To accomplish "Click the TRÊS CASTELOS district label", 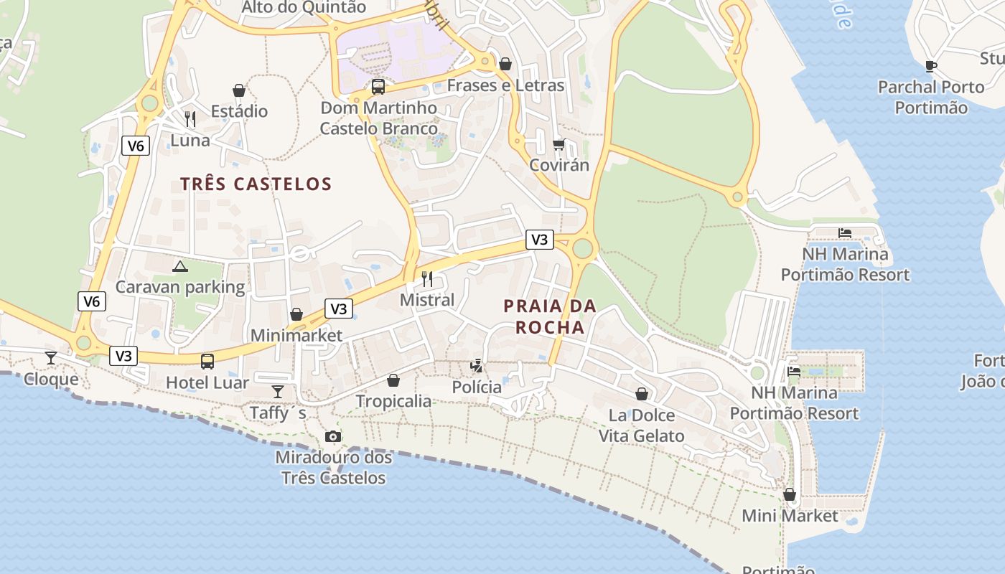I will point(256,184).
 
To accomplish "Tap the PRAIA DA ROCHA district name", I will point(550,316).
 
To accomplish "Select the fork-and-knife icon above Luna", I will point(190,118).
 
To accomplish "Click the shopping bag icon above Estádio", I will point(239,90).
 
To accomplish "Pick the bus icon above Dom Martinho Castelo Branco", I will point(378,87).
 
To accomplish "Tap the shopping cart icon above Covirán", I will point(559,144).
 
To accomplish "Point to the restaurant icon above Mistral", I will point(427,279).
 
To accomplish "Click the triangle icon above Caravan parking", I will point(180,267).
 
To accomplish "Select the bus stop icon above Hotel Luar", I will point(207,362).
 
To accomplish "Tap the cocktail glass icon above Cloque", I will point(51,358).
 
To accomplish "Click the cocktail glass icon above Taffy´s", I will point(278,392).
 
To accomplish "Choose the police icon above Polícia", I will point(477,366).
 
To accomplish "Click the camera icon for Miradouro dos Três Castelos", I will point(333,436).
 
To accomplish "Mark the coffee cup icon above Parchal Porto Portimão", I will point(931,66).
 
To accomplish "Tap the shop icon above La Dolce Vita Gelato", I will point(642,394).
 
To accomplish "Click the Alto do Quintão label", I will point(304,8).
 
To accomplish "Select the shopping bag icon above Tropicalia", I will point(393,380).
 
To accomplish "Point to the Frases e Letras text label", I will point(505,85).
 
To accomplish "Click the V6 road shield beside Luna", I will point(135,146).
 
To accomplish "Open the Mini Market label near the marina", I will point(790,516).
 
